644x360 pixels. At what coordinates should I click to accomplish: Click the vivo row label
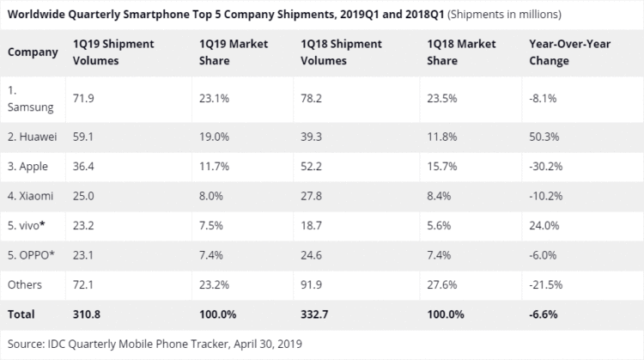[x=28, y=226]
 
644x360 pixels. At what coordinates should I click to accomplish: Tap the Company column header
[x=33, y=52]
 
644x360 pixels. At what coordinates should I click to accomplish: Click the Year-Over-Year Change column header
[x=568, y=52]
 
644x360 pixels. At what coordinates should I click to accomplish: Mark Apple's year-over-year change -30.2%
[x=547, y=165]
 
